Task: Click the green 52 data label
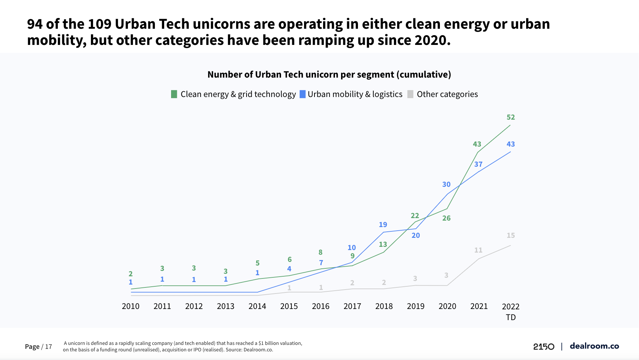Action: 511,117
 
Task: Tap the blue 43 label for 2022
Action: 511,144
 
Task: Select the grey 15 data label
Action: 511,235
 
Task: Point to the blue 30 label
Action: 446,184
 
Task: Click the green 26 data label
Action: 446,218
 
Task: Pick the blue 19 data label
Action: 383,225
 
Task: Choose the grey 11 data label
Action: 478,250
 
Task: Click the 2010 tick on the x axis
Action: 130,306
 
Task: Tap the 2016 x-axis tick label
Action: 321,306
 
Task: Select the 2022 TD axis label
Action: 511,311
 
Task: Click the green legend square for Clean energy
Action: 174,94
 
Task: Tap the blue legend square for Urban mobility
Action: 303,94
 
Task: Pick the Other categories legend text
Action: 447,94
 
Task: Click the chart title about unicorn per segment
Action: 329,74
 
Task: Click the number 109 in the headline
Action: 100,24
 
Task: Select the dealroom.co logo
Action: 594,346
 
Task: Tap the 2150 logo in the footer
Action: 543,346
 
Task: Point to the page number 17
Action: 49,347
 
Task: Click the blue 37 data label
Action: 478,164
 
